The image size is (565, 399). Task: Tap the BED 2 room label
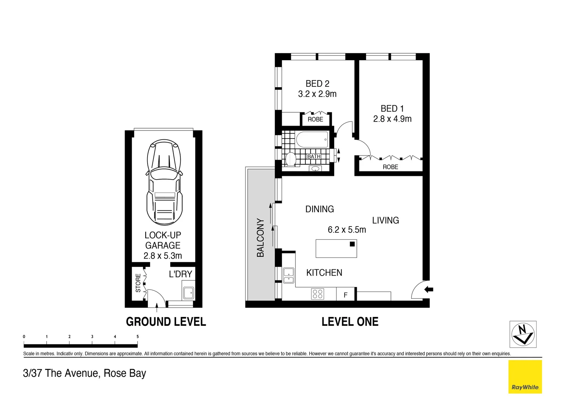pyautogui.click(x=317, y=84)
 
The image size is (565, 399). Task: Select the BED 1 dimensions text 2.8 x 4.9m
pyautogui.click(x=392, y=119)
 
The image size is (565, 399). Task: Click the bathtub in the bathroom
pyautogui.click(x=312, y=140)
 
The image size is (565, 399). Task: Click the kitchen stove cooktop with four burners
pyautogui.click(x=318, y=294)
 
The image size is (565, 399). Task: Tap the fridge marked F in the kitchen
pyautogui.click(x=345, y=295)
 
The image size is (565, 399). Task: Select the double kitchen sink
pyautogui.click(x=288, y=275)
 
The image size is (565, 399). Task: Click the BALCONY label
pyautogui.click(x=260, y=238)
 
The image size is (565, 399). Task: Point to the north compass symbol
pyautogui.click(x=523, y=334)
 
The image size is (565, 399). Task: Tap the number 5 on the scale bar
pyautogui.click(x=138, y=337)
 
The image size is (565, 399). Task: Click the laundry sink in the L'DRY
pyautogui.click(x=189, y=292)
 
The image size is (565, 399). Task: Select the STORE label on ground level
pyautogui.click(x=138, y=283)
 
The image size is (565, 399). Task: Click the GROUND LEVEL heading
pyautogui.click(x=166, y=322)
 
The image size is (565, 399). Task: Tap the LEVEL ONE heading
pyautogui.click(x=350, y=322)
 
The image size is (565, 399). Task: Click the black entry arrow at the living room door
pyautogui.click(x=429, y=289)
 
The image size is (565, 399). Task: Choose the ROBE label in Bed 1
pyautogui.click(x=390, y=167)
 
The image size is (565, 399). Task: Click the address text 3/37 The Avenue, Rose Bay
pyautogui.click(x=85, y=373)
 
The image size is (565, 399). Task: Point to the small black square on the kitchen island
pyautogui.click(x=352, y=244)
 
